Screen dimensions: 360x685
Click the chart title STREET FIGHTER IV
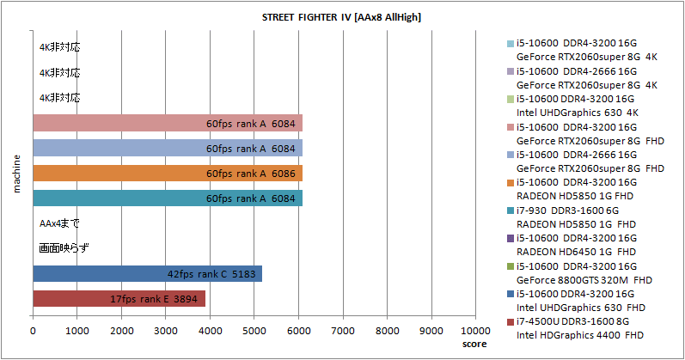point(341,16)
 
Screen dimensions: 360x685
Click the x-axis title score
point(474,344)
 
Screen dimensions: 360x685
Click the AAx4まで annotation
point(59,223)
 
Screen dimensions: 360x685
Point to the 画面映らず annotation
point(64,248)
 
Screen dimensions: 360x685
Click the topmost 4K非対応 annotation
point(59,47)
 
